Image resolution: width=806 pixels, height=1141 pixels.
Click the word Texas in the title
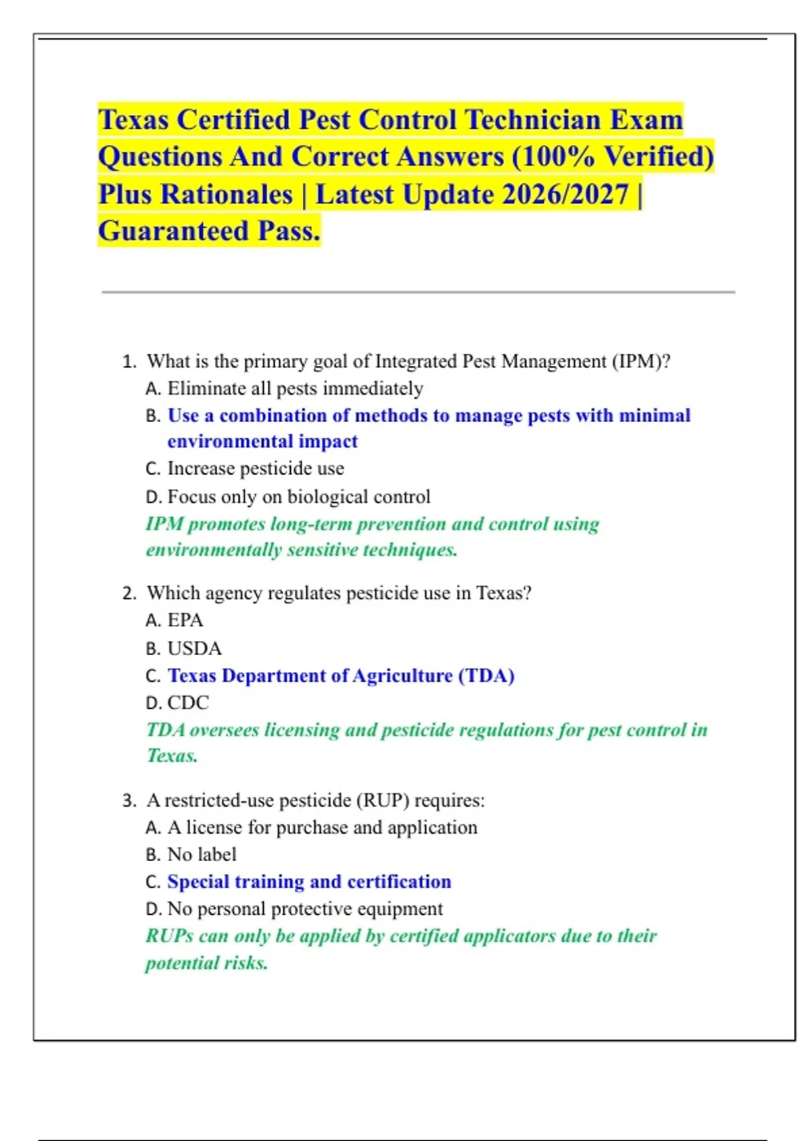tap(133, 120)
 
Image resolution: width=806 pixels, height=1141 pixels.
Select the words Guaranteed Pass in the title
tap(209, 232)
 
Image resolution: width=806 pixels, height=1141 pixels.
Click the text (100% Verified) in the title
tap(613, 157)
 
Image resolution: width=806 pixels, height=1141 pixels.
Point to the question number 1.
tap(128, 362)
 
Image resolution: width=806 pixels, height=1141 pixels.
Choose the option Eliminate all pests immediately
tap(295, 389)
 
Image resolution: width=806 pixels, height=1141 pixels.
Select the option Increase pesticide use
tap(255, 468)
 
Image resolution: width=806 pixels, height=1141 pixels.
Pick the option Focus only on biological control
tap(298, 497)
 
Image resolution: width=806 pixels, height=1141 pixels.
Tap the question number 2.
tap(128, 593)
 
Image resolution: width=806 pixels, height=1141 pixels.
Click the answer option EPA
tap(185, 620)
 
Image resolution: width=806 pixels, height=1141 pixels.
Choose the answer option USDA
tap(194, 648)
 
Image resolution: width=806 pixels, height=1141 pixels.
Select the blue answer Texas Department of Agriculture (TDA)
tap(341, 675)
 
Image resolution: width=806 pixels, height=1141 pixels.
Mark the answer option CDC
tap(188, 703)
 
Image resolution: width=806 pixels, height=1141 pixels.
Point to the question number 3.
tap(128, 801)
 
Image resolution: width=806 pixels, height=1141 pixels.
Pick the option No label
tap(201, 854)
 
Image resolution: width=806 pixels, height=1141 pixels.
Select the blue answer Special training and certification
tap(309, 881)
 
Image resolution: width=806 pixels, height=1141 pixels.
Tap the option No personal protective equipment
tap(304, 909)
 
